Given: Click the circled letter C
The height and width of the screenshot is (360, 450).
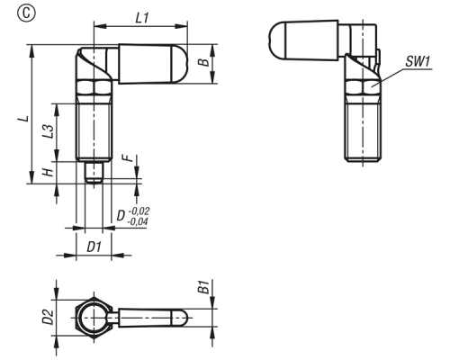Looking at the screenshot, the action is point(26,13).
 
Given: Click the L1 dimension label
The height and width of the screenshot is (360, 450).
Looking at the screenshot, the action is point(142,18).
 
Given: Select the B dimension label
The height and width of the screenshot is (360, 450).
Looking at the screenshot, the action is point(204,62).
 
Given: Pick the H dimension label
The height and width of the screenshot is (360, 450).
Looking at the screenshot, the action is point(48,172).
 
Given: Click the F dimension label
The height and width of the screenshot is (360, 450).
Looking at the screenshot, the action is point(128,157).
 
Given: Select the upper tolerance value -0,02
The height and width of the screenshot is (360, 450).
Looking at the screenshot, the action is point(139,211).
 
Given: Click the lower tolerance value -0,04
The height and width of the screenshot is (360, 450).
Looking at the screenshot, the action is point(138,221).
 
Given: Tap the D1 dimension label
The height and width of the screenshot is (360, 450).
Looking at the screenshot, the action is point(94,247).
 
